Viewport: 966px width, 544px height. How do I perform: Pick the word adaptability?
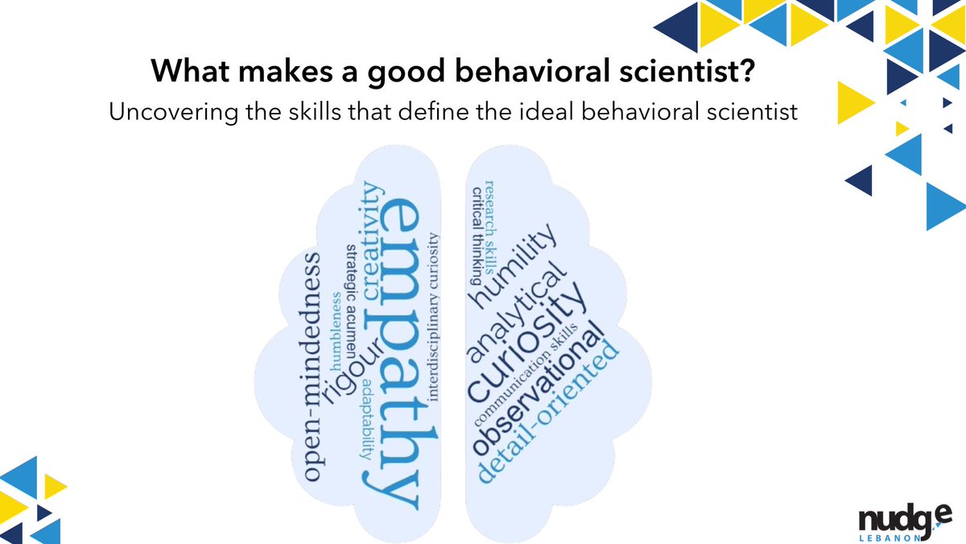tap(367, 418)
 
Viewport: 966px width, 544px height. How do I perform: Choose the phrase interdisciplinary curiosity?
tap(435, 315)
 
